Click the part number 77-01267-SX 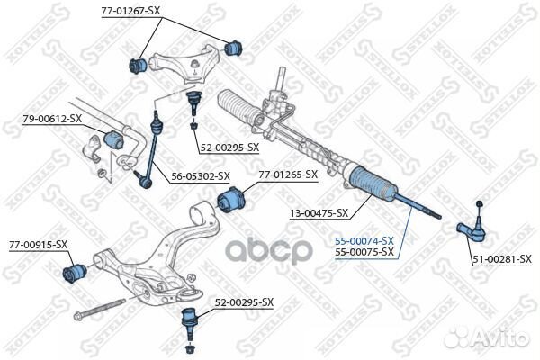click(130, 11)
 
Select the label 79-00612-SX click(52, 119)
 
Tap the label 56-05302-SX click(201, 176)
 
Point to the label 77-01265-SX click(288, 175)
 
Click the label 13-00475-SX click(319, 213)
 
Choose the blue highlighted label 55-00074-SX click(364, 241)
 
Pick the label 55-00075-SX click(364, 252)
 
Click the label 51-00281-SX click(502, 259)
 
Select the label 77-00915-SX click(38, 245)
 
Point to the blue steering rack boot click(373, 184)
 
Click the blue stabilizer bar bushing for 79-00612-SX click(113, 139)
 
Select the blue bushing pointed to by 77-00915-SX click(75, 273)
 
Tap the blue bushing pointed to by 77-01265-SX click(232, 200)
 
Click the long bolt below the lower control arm click(99, 309)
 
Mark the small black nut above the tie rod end click(479, 203)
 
